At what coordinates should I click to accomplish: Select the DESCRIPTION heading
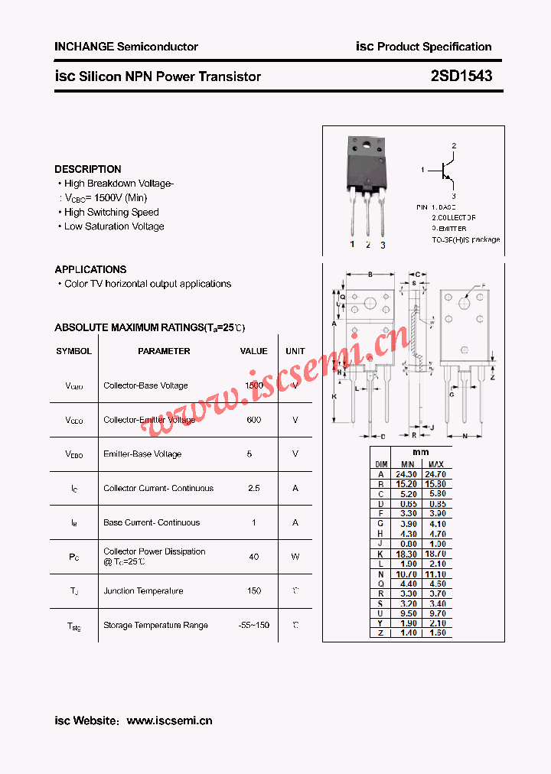(87, 169)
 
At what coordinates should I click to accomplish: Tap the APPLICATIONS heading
(90, 269)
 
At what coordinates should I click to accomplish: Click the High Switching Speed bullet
(111, 213)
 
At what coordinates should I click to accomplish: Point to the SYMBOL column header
(73, 351)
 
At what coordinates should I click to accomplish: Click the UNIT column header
(295, 351)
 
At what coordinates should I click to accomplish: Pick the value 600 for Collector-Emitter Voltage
(253, 420)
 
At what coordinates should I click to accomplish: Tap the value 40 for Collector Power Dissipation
(253, 557)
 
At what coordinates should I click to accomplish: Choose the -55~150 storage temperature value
(253, 625)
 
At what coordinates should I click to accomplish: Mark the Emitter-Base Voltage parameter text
(142, 454)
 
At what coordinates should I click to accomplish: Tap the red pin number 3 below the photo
(383, 245)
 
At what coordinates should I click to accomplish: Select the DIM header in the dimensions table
(381, 464)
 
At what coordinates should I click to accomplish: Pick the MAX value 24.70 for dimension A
(435, 474)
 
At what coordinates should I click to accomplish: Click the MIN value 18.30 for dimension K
(407, 553)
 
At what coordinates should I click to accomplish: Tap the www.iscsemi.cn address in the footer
(169, 720)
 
